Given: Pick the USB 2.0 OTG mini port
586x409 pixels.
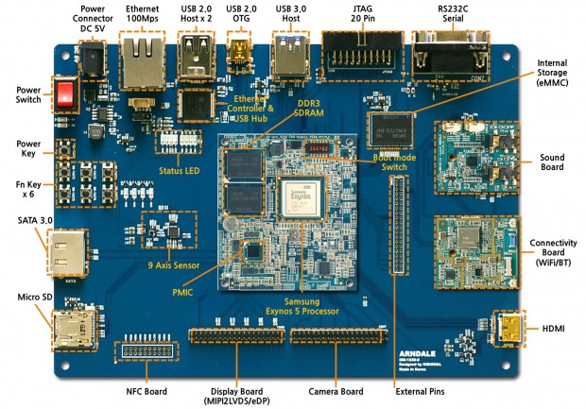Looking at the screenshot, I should pos(238,56).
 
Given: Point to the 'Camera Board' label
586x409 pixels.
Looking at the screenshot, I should pos(336,389).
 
